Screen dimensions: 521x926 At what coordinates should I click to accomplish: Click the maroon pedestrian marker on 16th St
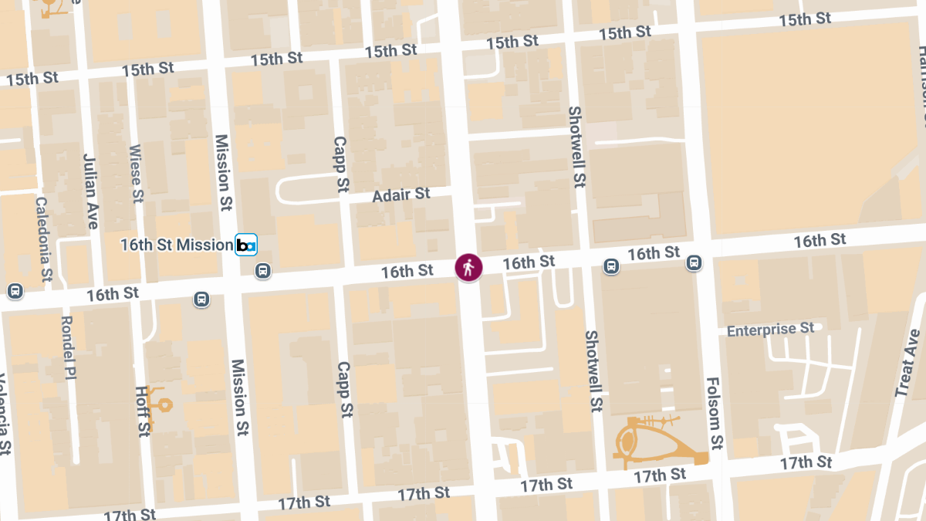[468, 268]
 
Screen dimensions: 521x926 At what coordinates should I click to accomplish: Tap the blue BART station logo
[245, 245]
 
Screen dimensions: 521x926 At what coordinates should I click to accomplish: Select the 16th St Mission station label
[176, 245]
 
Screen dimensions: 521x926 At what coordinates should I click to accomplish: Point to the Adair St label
[400, 195]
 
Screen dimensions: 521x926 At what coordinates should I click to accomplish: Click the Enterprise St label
[771, 330]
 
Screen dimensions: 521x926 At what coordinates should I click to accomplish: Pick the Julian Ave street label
[91, 191]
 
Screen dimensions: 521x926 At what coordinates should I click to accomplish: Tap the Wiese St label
[136, 174]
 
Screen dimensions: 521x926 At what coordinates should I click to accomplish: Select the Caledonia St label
[43, 238]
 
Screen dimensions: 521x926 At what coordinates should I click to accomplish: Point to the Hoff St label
[142, 411]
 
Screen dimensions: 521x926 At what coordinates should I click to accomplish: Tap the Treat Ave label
[907, 363]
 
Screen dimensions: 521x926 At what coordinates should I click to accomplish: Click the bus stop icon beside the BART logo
[263, 271]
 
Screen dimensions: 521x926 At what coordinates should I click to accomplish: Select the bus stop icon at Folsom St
[694, 263]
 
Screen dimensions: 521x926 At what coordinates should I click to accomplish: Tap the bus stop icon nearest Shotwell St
[611, 266]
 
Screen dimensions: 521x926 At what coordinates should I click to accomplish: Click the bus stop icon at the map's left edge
[14, 291]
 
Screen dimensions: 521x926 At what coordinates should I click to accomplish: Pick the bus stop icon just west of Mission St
[202, 299]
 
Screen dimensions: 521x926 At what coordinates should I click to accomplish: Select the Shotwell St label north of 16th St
[576, 147]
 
